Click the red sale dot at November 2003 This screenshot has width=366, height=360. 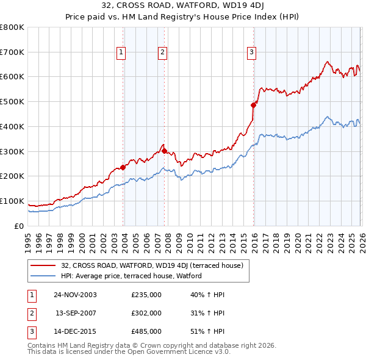(x=123, y=167)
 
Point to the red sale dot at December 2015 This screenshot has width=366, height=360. (x=253, y=105)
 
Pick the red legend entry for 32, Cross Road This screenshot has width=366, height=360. (x=152, y=265)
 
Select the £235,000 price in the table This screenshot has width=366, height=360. (x=146, y=295)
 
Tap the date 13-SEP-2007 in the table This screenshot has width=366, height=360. (x=76, y=313)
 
